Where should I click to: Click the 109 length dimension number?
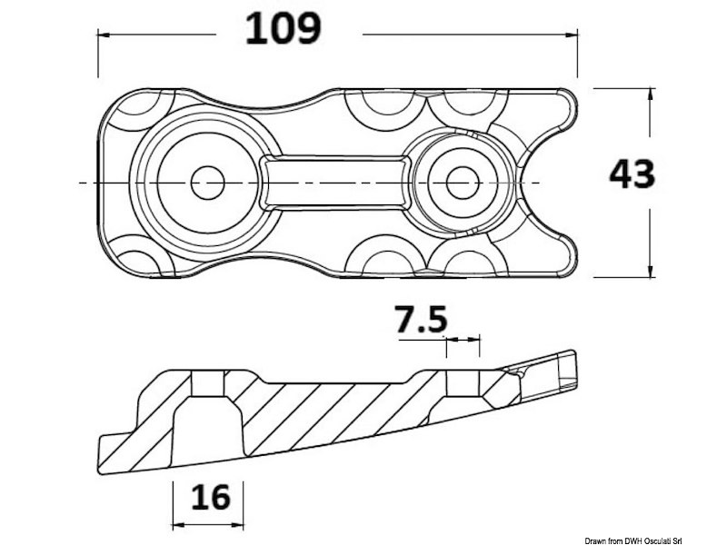click(x=284, y=30)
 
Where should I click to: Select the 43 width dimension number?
click(x=632, y=173)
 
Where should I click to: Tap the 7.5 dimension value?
click(x=422, y=320)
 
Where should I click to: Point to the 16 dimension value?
click(x=208, y=497)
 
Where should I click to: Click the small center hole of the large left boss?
click(x=207, y=183)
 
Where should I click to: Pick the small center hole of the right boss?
click(x=463, y=183)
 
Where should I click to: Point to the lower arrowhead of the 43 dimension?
click(x=650, y=270)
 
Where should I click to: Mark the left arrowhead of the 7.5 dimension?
click(x=451, y=340)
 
